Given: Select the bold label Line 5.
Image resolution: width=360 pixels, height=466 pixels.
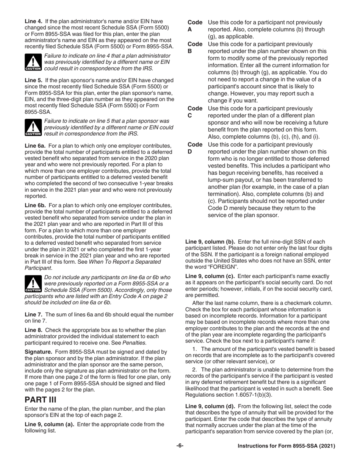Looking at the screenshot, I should (x=33, y=80).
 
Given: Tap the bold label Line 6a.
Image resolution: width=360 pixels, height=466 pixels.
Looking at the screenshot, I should (x=35, y=146).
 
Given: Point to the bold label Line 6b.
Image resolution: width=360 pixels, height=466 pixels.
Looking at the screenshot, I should (x=35, y=206).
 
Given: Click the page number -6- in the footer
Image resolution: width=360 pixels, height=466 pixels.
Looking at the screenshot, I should (x=180, y=446).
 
